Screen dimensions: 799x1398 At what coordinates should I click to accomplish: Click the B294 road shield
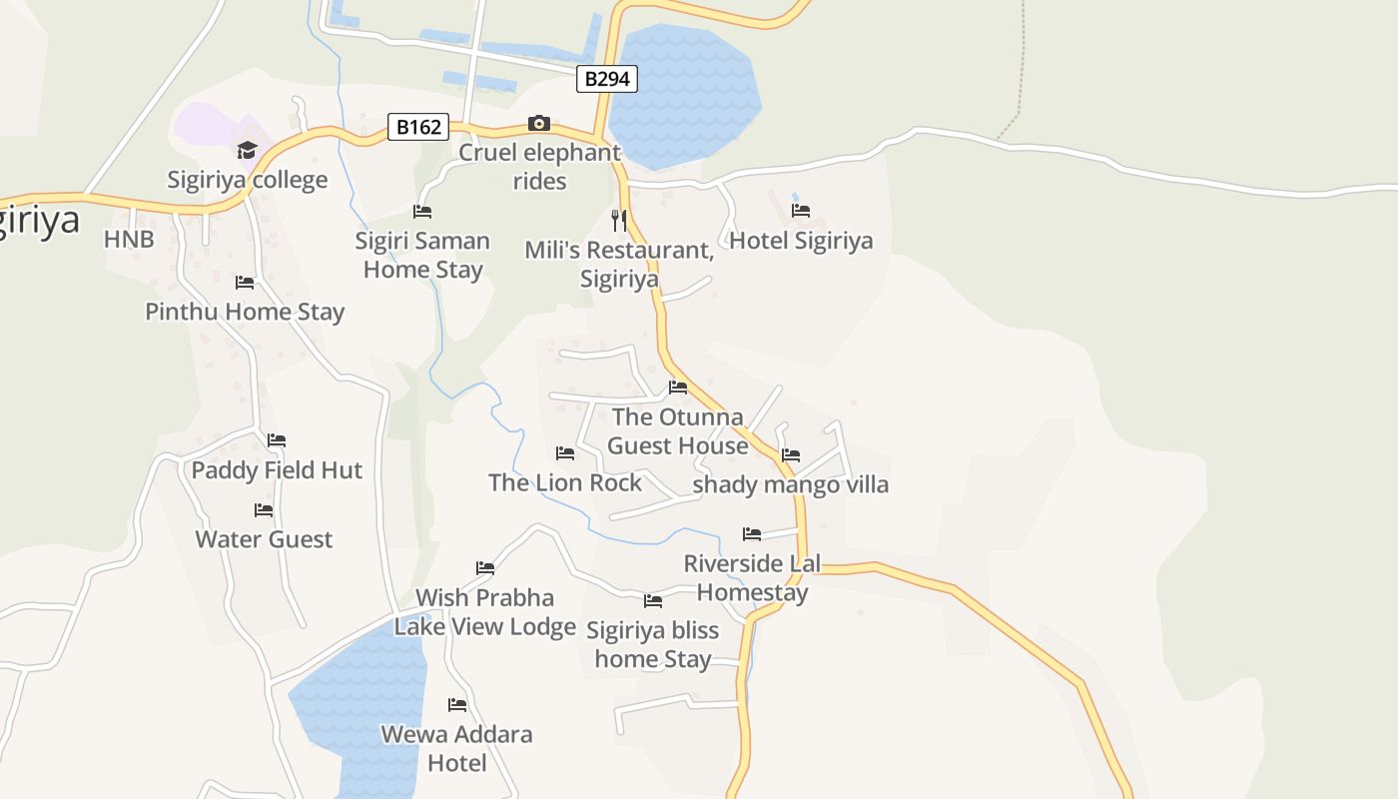tap(606, 79)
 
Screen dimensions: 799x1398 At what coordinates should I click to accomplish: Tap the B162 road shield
tap(417, 127)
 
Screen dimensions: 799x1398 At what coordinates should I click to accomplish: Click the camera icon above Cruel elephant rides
tap(539, 123)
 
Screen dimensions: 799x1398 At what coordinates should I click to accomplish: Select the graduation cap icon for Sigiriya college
tap(247, 150)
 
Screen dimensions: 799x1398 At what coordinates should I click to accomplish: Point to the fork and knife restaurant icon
tap(619, 220)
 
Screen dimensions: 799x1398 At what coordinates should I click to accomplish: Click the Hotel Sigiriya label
tap(801, 241)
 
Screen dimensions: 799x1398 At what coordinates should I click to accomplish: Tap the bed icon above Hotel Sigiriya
tap(801, 211)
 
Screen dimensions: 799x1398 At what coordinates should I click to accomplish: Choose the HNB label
tap(129, 240)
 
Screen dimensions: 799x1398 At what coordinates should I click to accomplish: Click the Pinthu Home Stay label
tap(245, 312)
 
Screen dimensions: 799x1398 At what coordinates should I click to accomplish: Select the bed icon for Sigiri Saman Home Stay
tap(422, 212)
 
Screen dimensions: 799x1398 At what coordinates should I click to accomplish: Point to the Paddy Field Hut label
tap(277, 470)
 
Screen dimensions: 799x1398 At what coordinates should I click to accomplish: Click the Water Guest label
tap(264, 539)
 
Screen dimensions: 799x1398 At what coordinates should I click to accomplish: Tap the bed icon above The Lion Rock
tap(565, 453)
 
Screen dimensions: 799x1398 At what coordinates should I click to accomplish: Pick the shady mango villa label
tap(790, 485)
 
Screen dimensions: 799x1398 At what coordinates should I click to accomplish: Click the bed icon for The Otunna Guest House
tap(678, 388)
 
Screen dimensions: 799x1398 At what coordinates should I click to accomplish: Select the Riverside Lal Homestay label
tap(752, 577)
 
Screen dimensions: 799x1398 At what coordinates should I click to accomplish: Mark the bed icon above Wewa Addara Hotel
tap(457, 705)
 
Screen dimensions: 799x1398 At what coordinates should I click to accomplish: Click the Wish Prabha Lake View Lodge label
tap(484, 612)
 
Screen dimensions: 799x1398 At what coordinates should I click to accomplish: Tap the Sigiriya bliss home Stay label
tap(652, 644)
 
